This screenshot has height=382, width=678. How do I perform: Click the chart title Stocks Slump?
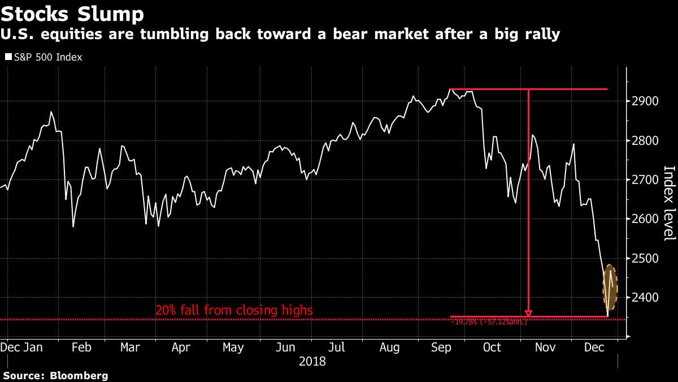click(72, 14)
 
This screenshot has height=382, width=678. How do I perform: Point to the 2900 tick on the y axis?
click(646, 101)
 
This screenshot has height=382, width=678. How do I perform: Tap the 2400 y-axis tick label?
click(646, 297)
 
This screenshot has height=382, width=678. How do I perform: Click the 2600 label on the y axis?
click(646, 218)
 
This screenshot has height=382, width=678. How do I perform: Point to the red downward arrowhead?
click(529, 312)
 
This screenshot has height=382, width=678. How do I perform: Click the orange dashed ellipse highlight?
click(610, 287)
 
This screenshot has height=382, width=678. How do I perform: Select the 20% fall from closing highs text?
click(234, 310)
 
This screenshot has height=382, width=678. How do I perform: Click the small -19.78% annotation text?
click(489, 321)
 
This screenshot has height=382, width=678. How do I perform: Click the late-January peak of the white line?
click(51, 112)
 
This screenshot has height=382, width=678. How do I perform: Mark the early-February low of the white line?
click(73, 226)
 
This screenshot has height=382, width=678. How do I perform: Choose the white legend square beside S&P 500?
click(8, 57)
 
